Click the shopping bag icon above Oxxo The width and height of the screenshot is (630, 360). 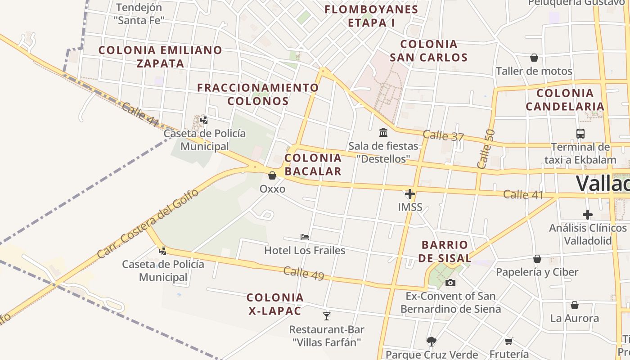[x=272, y=175]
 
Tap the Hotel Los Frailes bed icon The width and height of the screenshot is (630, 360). [x=305, y=237]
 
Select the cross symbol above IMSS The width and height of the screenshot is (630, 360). [x=410, y=194]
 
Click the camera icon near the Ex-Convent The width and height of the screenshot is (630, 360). [x=450, y=283]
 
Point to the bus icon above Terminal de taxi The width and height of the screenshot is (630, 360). [x=580, y=133]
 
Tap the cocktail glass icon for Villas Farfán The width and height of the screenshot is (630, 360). [x=327, y=316]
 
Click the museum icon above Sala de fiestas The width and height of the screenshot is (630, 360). [x=383, y=132]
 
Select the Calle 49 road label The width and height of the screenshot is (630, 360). [x=304, y=273]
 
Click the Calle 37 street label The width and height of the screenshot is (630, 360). [x=443, y=135]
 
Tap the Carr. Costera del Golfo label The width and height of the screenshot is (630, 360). [x=148, y=224]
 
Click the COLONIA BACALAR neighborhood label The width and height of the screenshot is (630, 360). [x=313, y=164]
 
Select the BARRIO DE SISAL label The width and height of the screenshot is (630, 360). [x=446, y=252]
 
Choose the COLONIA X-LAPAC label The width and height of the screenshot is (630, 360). [x=275, y=304]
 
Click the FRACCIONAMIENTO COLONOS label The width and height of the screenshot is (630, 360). [x=258, y=94]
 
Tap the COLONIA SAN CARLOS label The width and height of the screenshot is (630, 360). [x=428, y=50]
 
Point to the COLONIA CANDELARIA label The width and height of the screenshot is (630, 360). [x=565, y=99]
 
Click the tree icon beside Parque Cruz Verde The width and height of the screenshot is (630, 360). [x=432, y=341]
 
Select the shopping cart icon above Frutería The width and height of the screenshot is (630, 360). [x=509, y=341]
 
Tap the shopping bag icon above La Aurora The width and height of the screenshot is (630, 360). [x=575, y=305]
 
